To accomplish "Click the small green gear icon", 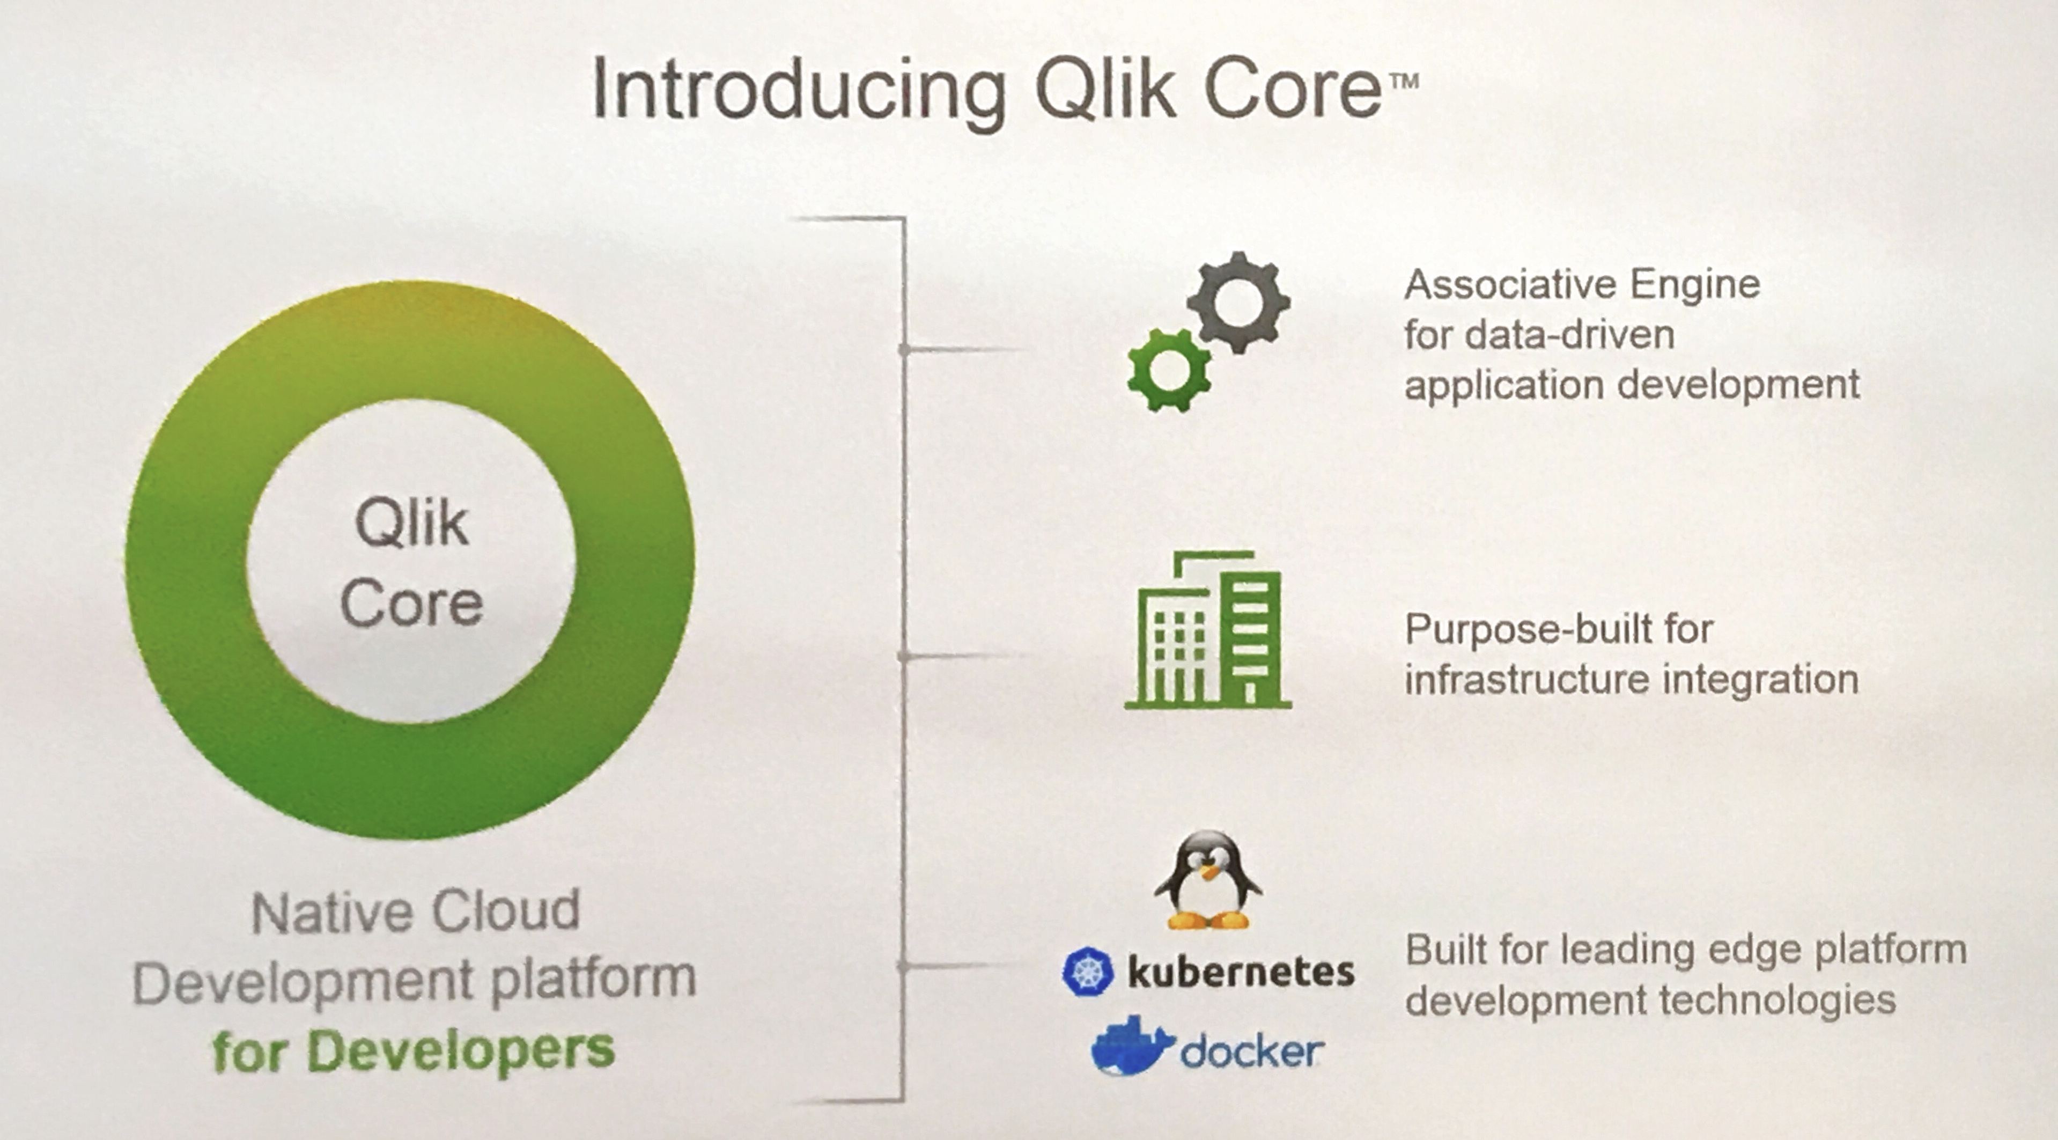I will click(1168, 371).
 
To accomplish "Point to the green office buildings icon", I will click(1207, 630).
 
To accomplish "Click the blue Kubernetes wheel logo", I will click(1087, 972).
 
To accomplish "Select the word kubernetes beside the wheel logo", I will click(1241, 972).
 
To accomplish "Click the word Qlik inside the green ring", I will click(411, 524).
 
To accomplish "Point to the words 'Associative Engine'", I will click(1582, 284).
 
